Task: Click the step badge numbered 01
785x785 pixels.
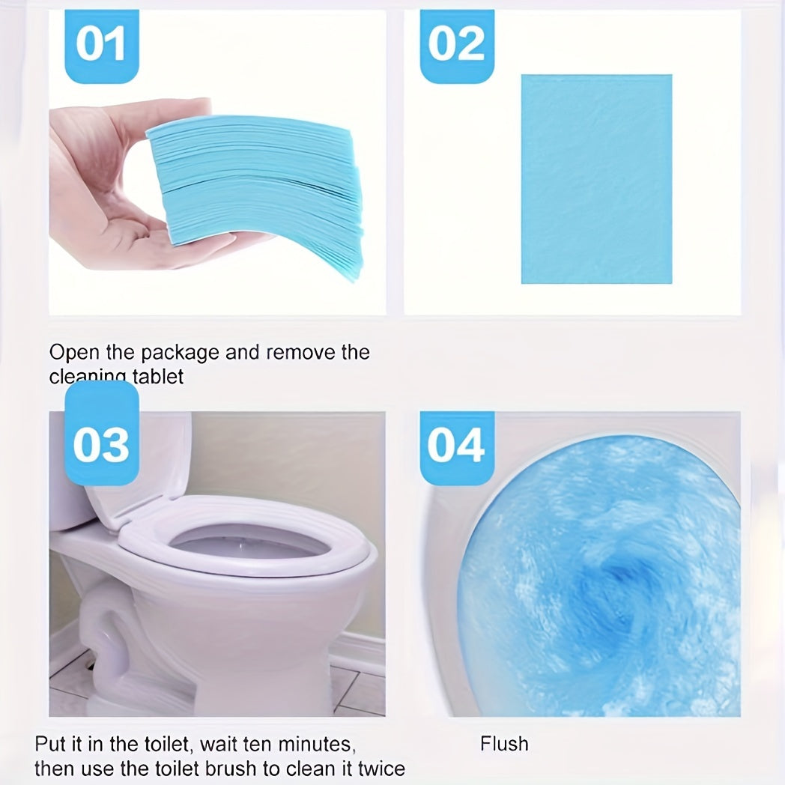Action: click(x=101, y=45)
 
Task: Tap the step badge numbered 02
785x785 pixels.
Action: click(x=456, y=45)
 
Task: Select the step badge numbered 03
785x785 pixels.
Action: click(x=101, y=443)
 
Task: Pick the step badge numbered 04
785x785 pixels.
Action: click(x=456, y=445)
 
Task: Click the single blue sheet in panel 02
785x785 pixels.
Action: click(x=596, y=179)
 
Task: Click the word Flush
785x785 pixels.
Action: click(x=504, y=744)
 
